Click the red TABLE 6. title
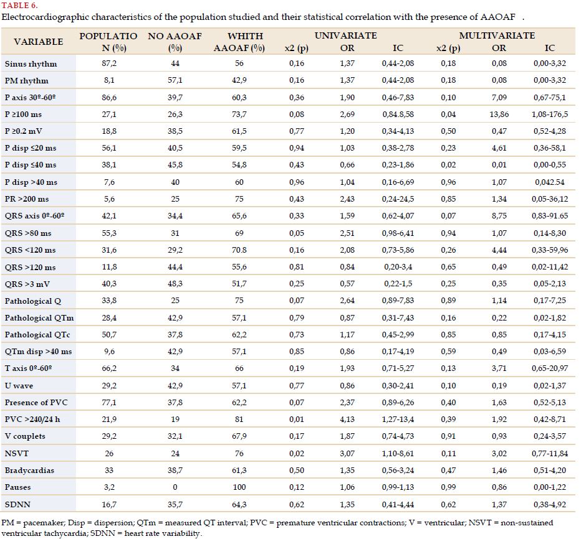[20, 5]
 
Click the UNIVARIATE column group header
[346, 35]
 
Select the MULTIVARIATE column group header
[497, 35]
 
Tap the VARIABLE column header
[38, 42]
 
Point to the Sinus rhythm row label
[31, 64]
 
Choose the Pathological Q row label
[33, 301]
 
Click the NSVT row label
[17, 453]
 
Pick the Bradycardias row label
[29, 470]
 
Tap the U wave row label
[19, 385]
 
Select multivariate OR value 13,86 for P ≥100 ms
[499, 115]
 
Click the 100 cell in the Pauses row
[239, 487]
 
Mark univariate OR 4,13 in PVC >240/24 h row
[347, 419]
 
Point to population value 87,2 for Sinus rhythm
[109, 63]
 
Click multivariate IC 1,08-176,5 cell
[550, 115]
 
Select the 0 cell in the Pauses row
[175, 487]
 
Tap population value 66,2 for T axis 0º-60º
[109, 368]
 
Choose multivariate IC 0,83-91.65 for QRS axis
[550, 216]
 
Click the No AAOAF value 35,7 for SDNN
[175, 504]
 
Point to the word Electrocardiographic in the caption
[46, 17]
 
